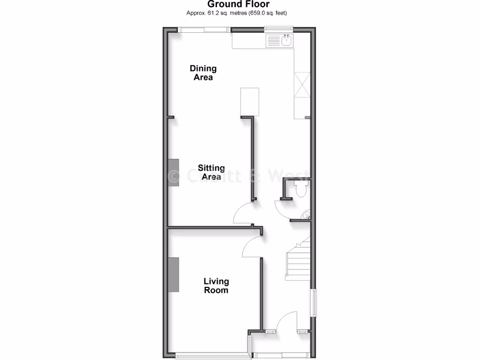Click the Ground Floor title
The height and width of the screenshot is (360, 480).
pyautogui.click(x=239, y=5)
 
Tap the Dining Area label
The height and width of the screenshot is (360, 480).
pyautogui.click(x=203, y=73)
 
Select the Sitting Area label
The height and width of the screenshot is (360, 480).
pyautogui.click(x=211, y=172)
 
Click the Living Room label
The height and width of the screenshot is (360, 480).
pyautogui.click(x=216, y=285)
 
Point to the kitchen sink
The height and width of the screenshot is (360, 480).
pyautogui.click(x=279, y=41)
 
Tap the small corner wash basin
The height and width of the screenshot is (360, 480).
pyautogui.click(x=306, y=215)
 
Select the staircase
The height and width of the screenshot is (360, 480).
pyautogui.click(x=299, y=261)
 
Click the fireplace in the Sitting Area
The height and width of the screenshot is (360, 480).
pyautogui.click(x=174, y=172)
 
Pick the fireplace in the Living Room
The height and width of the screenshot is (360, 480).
pyautogui.click(x=174, y=275)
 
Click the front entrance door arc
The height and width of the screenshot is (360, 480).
pyautogui.click(x=286, y=322)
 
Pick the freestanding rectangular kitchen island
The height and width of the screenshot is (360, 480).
pyautogui.click(x=250, y=101)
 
